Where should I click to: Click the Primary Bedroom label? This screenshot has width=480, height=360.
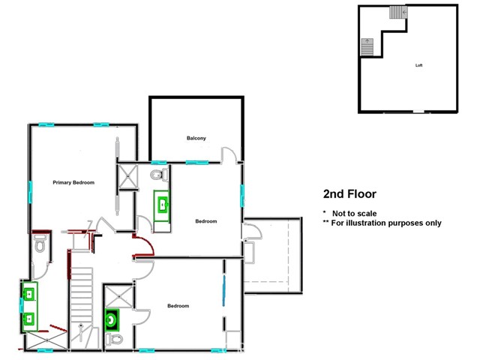pyautogui.click(x=73, y=182)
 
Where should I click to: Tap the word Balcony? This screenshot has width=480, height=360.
pyautogui.click(x=196, y=138)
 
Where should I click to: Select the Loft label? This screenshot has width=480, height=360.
pyautogui.click(x=419, y=65)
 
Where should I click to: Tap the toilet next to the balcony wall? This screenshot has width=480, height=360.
pyautogui.click(x=157, y=175)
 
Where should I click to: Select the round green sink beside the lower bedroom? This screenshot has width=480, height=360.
pyautogui.click(x=112, y=319)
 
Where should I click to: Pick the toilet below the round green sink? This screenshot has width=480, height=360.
pyautogui.click(x=114, y=340)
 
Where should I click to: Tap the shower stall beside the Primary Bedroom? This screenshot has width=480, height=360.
pyautogui.click(x=127, y=178)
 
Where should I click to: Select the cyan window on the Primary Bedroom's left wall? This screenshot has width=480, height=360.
pyautogui.click(x=31, y=193)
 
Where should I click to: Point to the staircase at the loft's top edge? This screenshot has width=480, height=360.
pyautogui.click(x=397, y=13)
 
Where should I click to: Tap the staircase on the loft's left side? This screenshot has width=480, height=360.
pyautogui.click(x=367, y=46)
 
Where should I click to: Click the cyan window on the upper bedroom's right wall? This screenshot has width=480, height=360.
pyautogui.click(x=242, y=196)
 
